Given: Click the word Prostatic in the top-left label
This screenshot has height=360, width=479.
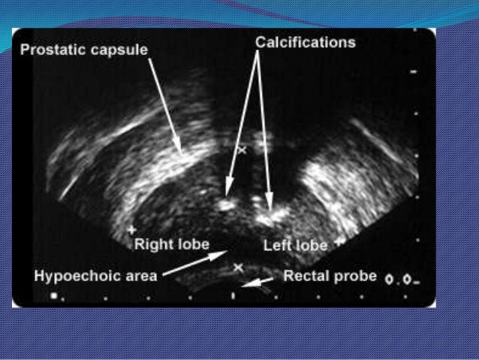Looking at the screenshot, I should point(52,50).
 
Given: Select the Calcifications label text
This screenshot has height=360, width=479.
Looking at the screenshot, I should point(305,43).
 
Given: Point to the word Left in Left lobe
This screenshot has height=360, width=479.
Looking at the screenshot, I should point(276,246).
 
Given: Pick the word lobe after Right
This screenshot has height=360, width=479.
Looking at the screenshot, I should point(191,244).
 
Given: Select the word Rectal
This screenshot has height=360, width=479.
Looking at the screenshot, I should point(306,276).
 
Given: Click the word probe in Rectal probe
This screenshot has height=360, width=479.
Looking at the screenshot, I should point(355,276).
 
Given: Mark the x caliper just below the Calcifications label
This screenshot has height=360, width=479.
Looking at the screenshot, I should point(242,150).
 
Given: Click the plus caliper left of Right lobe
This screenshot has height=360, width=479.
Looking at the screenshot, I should point(132,228).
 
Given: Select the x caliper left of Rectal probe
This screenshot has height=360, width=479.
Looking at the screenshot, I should point(239,267).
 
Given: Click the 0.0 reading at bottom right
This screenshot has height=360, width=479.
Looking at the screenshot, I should point(399,280).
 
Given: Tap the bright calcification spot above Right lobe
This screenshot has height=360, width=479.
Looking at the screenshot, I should point(227,202).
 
